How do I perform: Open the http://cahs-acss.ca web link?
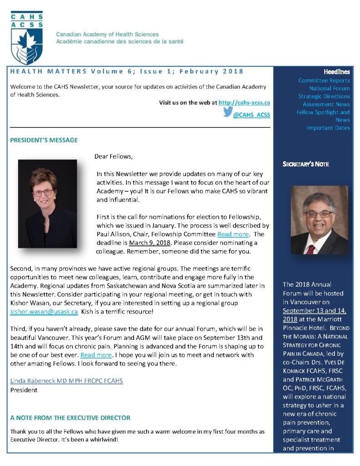pos(244,103)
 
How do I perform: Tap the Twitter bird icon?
pos(228,113)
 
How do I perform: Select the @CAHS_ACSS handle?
pos(251,115)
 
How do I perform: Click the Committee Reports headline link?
pos(324,81)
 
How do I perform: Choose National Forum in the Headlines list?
pos(329,88)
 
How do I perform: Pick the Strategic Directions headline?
pos(324,96)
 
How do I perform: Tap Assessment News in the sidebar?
pos(326,104)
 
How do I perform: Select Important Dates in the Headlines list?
pos(328,128)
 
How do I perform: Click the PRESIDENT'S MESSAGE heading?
pos(44,140)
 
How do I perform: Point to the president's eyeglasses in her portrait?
pos(43,192)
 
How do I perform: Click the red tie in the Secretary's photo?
pos(310,248)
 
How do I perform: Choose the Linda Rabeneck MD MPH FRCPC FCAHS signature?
pos(66,380)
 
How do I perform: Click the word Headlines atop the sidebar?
pos(336,72)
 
